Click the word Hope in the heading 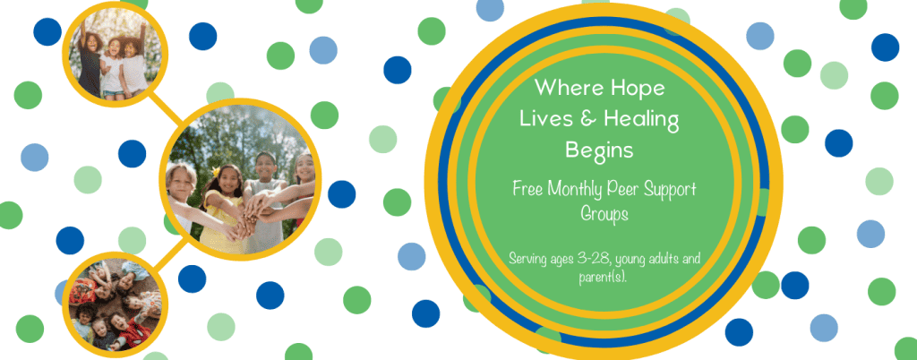point(638,89)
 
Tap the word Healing point(641,118)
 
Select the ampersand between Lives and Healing point(589,118)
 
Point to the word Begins point(599,150)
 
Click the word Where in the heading point(570,89)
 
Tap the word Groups point(604,214)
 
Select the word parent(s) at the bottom point(603,276)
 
